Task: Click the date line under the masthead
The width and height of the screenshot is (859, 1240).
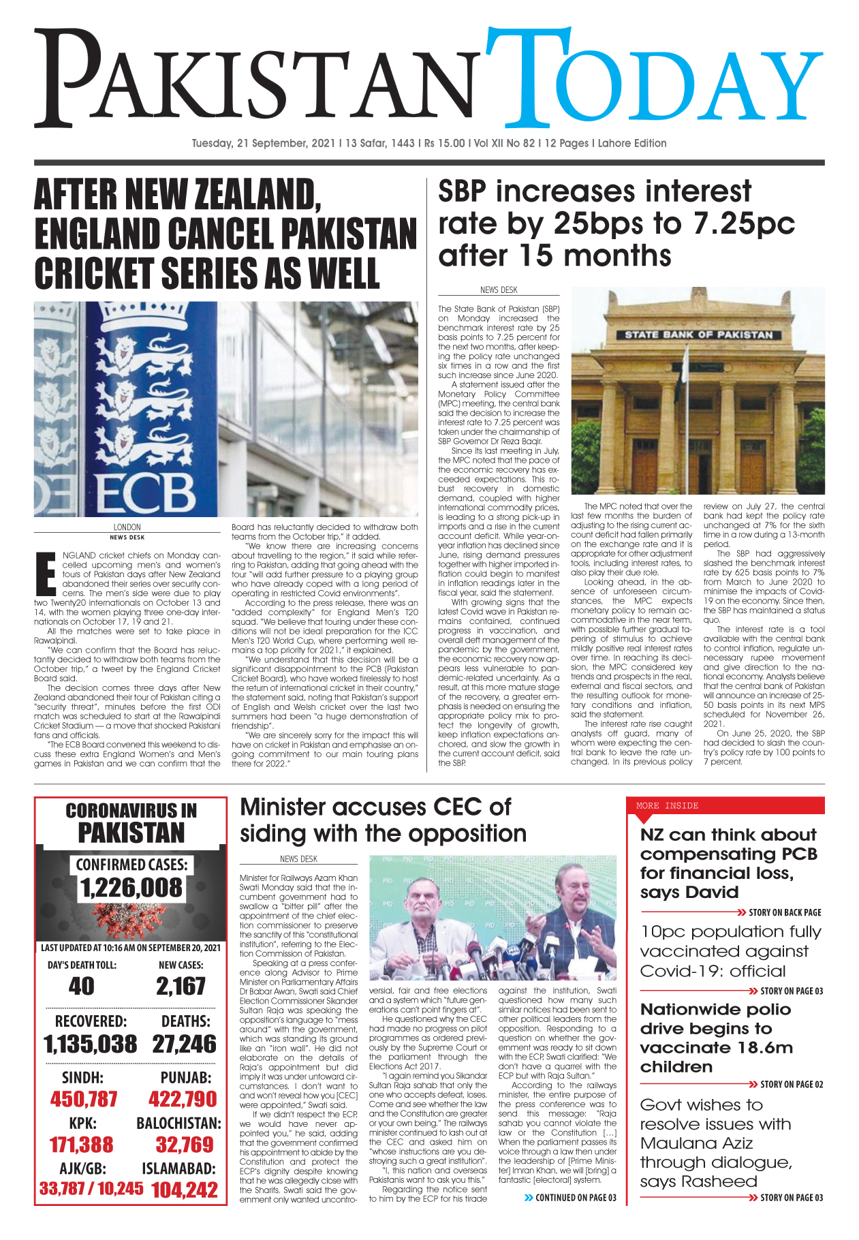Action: [429, 143]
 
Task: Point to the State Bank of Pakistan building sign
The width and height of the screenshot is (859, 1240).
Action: [698, 335]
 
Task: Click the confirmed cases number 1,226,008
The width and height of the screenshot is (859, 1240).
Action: [131, 888]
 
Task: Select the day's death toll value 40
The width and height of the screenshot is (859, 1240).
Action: [82, 986]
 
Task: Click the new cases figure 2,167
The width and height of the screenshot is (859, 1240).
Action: [181, 986]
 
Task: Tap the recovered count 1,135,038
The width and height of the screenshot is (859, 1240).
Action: [90, 1044]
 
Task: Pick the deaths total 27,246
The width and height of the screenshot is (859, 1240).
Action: [184, 1044]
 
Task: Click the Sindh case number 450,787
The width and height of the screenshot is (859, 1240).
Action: [84, 1099]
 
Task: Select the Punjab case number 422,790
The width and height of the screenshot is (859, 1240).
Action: [183, 1099]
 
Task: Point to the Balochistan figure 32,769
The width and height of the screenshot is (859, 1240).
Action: [185, 1145]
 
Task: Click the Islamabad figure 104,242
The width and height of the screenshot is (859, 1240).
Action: [185, 1190]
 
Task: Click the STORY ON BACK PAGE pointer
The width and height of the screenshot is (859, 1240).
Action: [784, 912]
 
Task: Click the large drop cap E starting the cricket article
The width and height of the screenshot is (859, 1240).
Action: [45, 574]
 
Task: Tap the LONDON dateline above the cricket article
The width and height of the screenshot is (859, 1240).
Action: [127, 527]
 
